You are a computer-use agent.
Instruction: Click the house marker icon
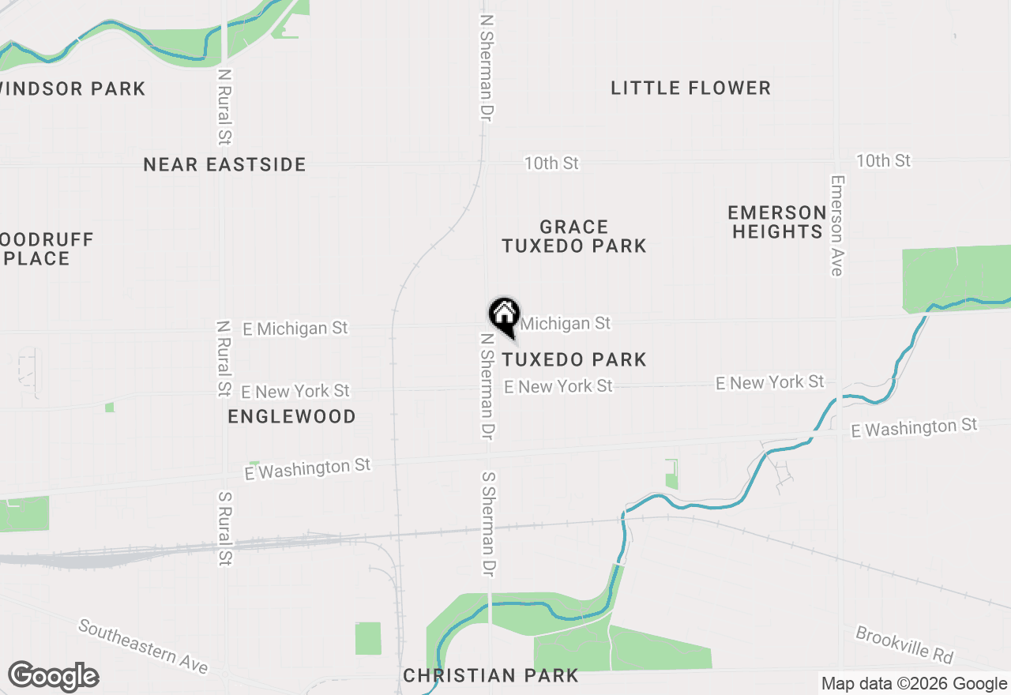(503, 316)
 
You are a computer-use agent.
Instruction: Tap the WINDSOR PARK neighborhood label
(73, 88)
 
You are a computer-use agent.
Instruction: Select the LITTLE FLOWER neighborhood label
(690, 88)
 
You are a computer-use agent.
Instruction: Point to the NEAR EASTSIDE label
(225, 164)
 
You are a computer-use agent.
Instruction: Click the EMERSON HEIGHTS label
(777, 222)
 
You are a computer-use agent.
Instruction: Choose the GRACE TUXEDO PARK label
(574, 236)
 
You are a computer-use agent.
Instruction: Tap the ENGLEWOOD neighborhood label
(291, 416)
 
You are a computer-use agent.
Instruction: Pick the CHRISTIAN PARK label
(490, 675)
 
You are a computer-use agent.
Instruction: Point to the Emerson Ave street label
(836, 225)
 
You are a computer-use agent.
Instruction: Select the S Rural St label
(225, 530)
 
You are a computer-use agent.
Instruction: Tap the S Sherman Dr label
(489, 523)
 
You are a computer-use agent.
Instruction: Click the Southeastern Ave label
(143, 647)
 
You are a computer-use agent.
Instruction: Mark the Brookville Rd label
(904, 646)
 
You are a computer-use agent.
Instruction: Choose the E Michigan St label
(295, 328)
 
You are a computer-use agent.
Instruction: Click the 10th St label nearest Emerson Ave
(883, 161)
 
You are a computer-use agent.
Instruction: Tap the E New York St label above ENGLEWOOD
(295, 391)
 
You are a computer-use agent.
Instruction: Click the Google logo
(53, 676)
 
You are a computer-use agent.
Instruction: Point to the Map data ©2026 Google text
(914, 684)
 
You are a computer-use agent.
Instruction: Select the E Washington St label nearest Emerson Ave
(914, 428)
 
